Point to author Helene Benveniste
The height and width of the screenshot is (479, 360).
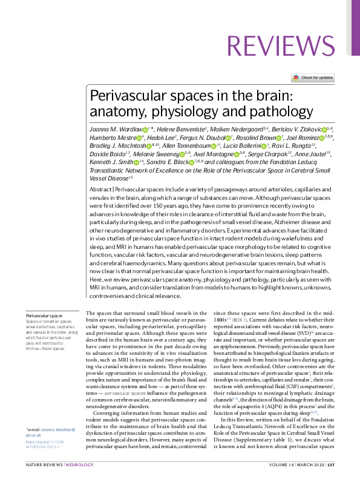pyautogui.click(x=184, y=129)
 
